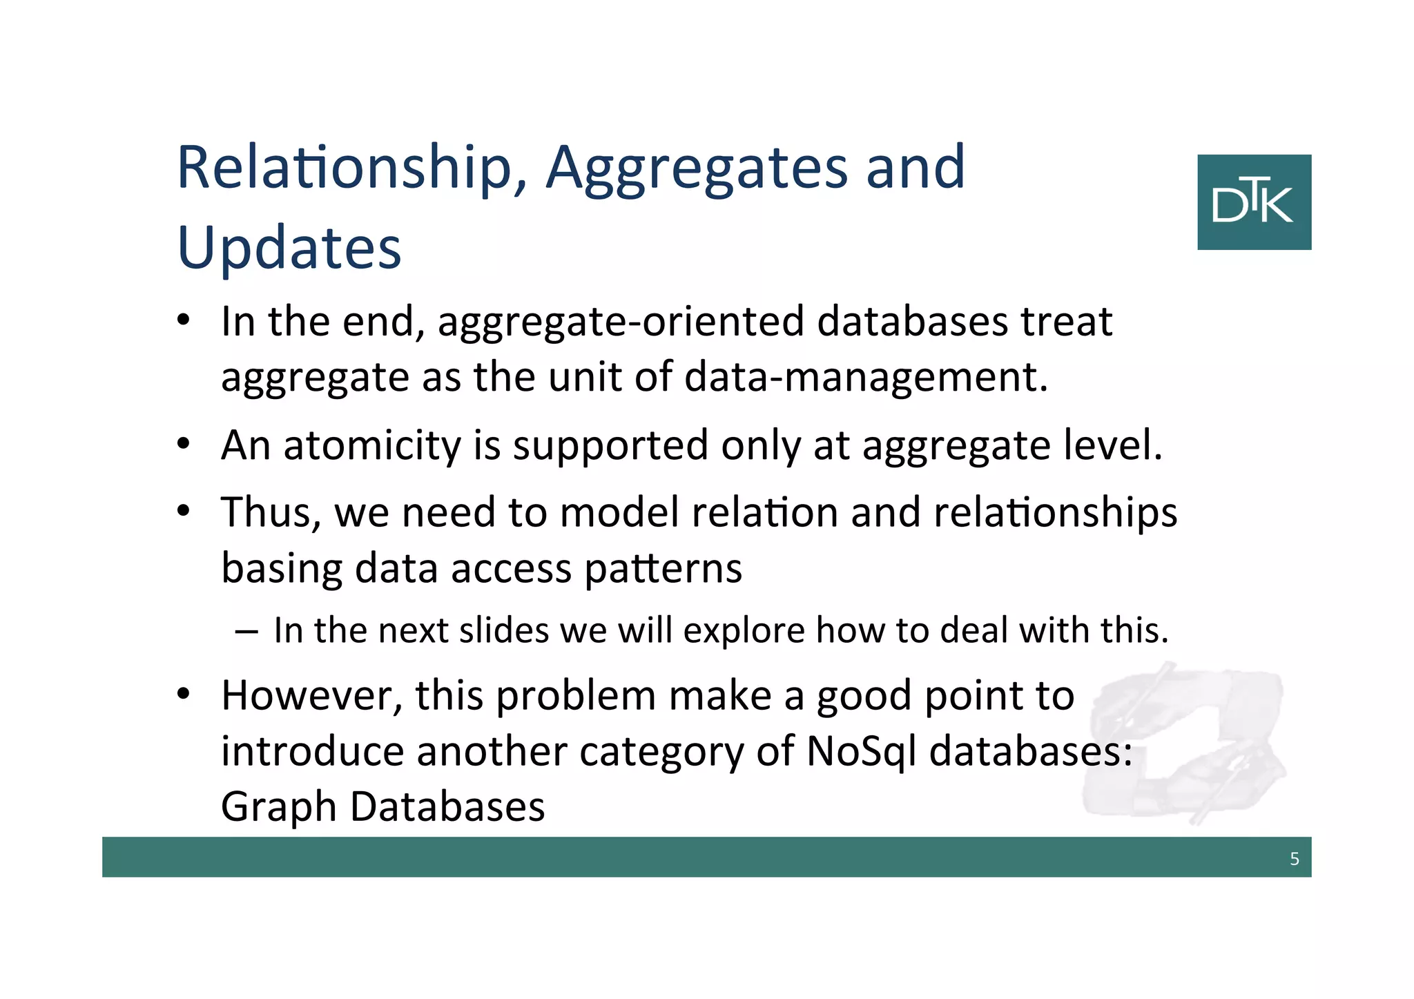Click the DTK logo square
[x=1254, y=202]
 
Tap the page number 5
[x=1294, y=859]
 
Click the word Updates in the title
[x=289, y=248]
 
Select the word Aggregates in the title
[x=697, y=169]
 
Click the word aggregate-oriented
[x=621, y=322]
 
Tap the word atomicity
[x=371, y=445]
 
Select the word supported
[x=610, y=445]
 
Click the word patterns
[x=663, y=569]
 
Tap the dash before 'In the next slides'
[x=246, y=631]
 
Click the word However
[x=311, y=695]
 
